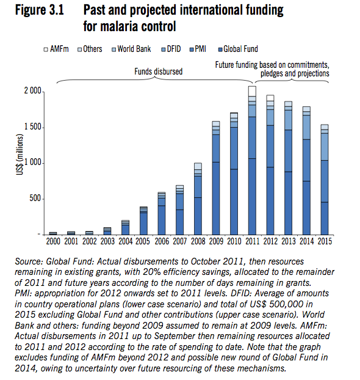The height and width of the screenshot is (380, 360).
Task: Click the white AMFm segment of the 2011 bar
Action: click(x=252, y=91)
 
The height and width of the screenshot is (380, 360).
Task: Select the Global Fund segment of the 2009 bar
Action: click(x=216, y=198)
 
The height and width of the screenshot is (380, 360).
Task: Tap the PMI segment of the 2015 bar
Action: click(x=325, y=181)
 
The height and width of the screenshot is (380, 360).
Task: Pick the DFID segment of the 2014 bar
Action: click(x=306, y=127)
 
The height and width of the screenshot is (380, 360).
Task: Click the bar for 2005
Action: click(x=143, y=221)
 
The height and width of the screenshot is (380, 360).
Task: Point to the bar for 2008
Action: click(x=198, y=199)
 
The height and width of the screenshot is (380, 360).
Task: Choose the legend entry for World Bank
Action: click(x=131, y=49)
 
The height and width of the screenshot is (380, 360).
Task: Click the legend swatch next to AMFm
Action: click(x=46, y=49)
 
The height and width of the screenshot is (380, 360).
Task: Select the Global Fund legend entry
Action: click(x=238, y=49)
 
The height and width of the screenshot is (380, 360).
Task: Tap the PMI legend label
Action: click(x=200, y=49)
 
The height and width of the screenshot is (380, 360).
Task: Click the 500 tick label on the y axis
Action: click(x=35, y=199)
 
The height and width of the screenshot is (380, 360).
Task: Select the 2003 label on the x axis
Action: click(x=107, y=241)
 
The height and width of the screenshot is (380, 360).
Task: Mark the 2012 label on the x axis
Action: click(x=270, y=241)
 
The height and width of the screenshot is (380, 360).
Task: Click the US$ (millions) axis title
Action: click(x=20, y=155)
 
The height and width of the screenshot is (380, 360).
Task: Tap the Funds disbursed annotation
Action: click(x=158, y=71)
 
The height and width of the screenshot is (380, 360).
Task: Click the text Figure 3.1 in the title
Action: click(x=40, y=10)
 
